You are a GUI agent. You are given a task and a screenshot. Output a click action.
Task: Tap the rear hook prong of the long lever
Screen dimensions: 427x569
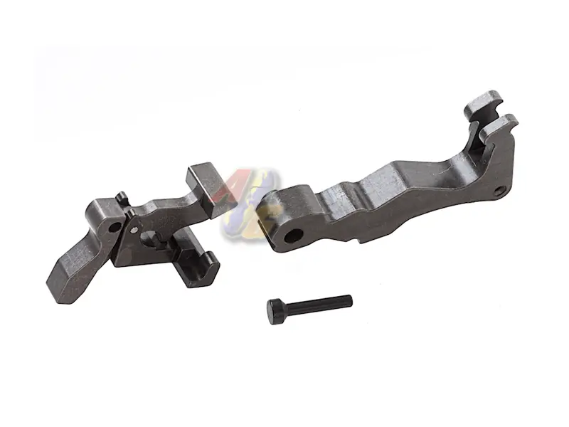(480, 104)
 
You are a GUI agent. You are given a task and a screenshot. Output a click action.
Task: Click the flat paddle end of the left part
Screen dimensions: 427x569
(71, 270)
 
